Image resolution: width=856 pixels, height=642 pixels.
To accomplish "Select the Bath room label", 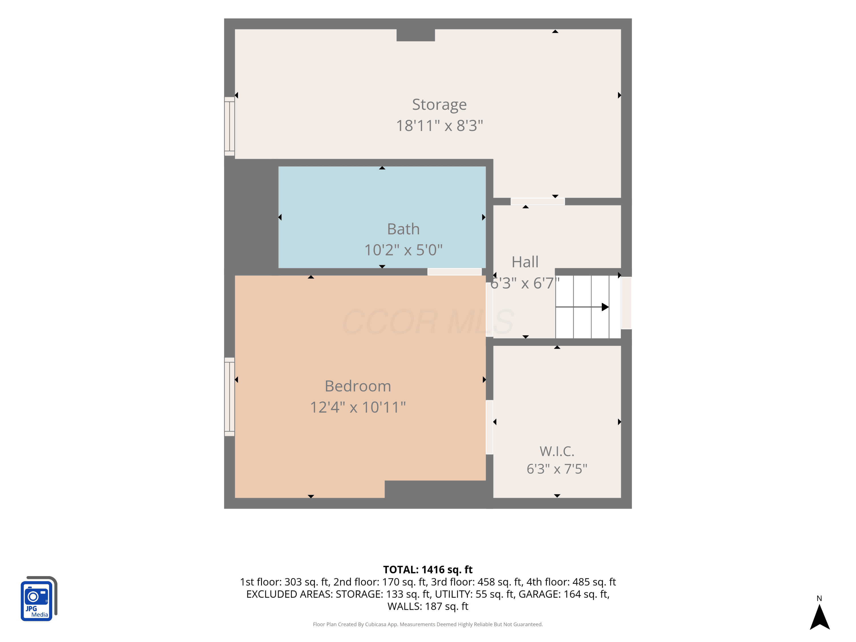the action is coord(403,229).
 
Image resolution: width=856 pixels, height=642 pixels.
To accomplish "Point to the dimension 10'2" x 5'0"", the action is coord(403,250).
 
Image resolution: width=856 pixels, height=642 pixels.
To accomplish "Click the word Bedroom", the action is coord(358,386).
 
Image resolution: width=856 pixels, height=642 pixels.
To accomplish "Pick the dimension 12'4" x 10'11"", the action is coord(358,407).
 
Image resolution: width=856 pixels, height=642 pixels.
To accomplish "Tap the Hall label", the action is coord(525,262).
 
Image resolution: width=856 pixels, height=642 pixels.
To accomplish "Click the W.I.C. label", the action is coord(557,451).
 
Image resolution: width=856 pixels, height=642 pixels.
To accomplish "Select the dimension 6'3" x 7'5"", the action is coord(557,469).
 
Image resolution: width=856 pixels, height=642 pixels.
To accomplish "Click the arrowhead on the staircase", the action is coord(605,307).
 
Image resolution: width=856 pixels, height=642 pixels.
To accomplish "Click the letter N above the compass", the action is coord(819,598).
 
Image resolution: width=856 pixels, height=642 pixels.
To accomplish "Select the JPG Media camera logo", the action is coord(39,598).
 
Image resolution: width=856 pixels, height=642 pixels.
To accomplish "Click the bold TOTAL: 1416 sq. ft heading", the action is coord(428,570).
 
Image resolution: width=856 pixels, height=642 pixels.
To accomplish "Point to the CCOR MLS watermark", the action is coord(428,322).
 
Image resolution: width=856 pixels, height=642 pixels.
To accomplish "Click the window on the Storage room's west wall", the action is coord(229,126).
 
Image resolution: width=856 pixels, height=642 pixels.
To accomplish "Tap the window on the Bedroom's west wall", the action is coord(229,397).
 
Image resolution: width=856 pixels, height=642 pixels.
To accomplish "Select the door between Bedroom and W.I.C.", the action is coord(490,427).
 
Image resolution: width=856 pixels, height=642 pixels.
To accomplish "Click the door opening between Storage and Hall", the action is coord(538,201).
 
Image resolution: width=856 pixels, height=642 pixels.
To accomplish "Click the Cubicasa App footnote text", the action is coord(428,624).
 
